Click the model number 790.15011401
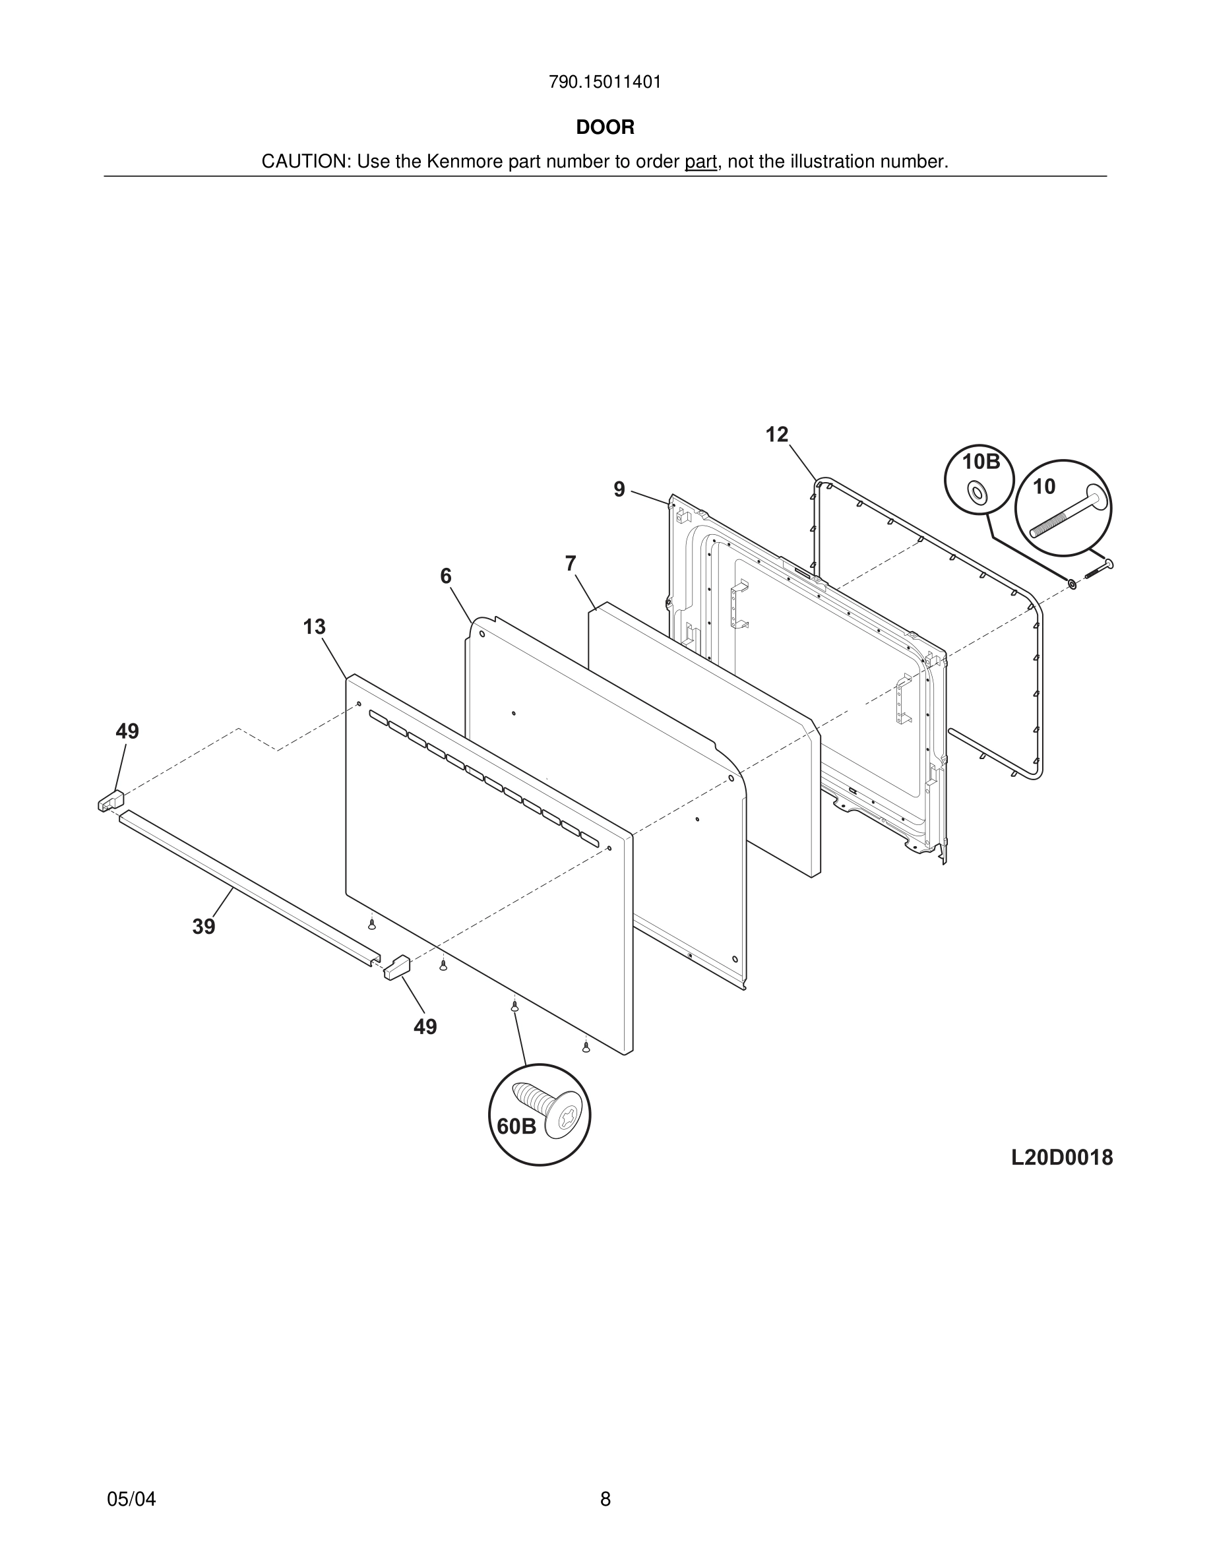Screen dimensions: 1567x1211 [x=605, y=82]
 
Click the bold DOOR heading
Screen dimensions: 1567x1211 [x=605, y=128]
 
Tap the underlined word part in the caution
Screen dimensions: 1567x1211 [x=700, y=162]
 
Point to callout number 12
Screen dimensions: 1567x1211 [x=776, y=435]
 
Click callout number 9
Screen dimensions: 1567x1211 [x=619, y=489]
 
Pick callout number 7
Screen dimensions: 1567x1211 [x=571, y=564]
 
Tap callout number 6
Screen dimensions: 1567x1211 [x=445, y=576]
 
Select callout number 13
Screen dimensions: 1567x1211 [x=314, y=627]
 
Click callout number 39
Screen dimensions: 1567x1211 [x=204, y=927]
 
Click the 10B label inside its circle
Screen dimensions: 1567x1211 [x=981, y=462]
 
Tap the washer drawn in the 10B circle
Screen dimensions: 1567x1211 [x=976, y=492]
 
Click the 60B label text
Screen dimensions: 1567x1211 [x=516, y=1127]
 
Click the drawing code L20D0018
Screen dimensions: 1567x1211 [x=1062, y=1158]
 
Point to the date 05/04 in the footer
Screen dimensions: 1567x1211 [x=131, y=1499]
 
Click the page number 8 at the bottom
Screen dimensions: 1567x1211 [x=605, y=1499]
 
